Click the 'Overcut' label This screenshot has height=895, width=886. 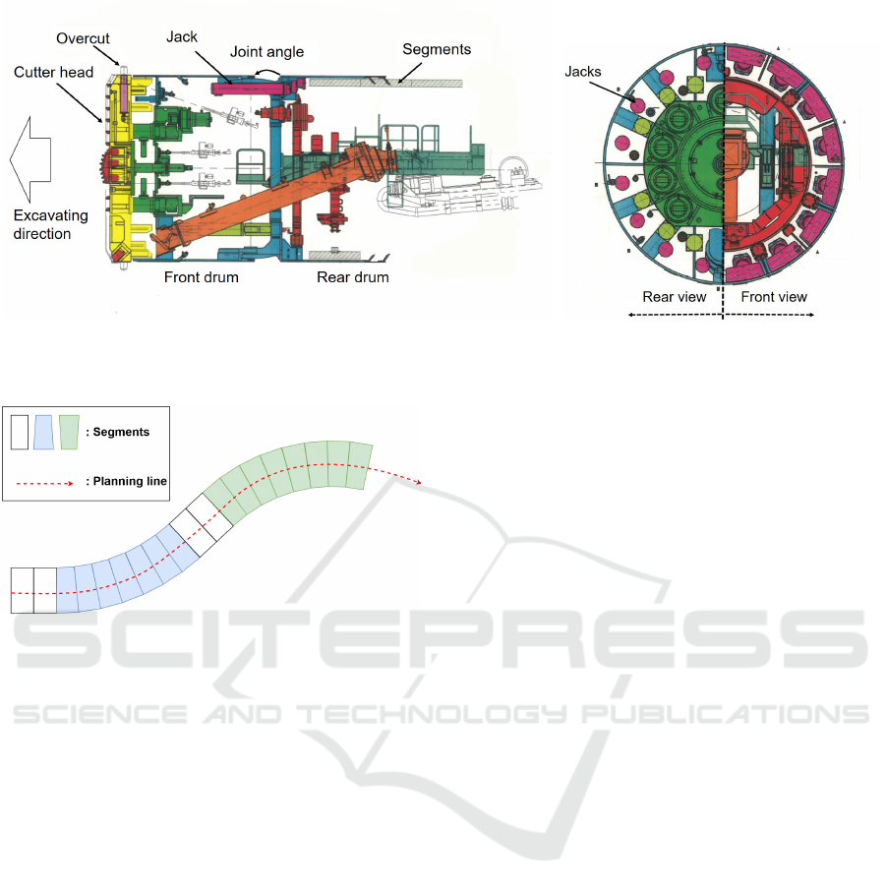83,38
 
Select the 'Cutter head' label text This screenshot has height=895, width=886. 54,72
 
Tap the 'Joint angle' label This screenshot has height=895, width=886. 266,52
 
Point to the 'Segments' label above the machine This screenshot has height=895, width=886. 437,49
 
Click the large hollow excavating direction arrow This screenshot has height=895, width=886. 30,158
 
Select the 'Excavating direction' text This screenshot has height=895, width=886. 50,224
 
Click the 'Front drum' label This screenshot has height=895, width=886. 201,276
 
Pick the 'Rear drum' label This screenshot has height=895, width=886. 353,276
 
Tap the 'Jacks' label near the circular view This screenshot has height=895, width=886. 583,72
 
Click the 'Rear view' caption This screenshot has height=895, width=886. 675,297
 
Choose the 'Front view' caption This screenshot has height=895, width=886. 774,297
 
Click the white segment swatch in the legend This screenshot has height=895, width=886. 20,432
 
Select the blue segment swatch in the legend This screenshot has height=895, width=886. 44,432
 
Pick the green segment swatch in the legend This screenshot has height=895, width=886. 69,432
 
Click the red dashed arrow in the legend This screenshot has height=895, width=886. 44,484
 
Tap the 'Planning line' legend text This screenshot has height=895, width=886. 130,481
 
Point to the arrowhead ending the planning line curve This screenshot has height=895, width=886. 419,482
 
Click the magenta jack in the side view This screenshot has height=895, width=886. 251,89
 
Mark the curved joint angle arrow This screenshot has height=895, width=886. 267,73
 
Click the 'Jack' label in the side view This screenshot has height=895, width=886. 182,37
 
